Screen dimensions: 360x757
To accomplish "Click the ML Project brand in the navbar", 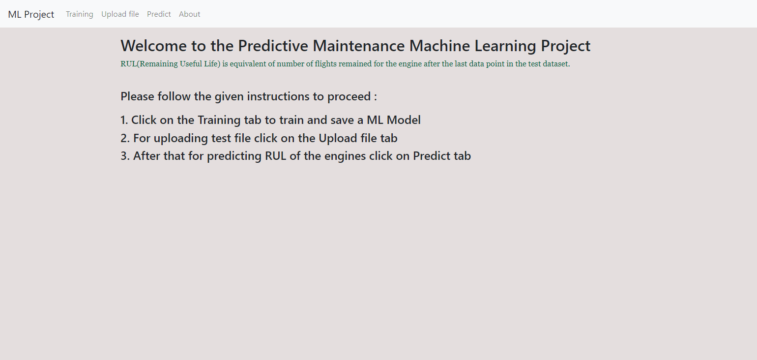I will [x=31, y=14].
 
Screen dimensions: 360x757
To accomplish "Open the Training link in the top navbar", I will [x=80, y=14].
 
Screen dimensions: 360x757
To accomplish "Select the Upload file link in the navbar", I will [x=120, y=14].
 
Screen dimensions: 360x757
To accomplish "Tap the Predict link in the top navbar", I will [x=159, y=14].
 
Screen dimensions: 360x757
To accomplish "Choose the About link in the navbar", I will [x=189, y=14].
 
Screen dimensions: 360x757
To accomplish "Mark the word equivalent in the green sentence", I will [x=248, y=64].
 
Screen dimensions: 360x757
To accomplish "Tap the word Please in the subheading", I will [x=137, y=96].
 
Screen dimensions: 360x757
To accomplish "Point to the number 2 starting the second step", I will [x=124, y=138].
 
